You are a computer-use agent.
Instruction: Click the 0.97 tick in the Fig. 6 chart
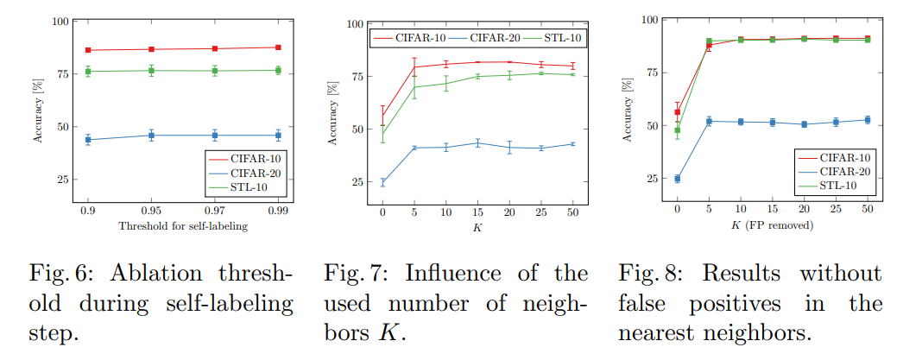(x=214, y=209)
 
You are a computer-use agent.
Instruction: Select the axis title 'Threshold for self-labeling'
(x=183, y=225)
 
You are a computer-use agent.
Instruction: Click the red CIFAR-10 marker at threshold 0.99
(x=278, y=47)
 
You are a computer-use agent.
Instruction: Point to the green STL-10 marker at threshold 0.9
(x=88, y=71)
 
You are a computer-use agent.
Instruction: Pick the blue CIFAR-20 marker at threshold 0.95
(x=151, y=135)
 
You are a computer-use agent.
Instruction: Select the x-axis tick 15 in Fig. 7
(x=477, y=212)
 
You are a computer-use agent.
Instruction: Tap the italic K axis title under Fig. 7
(x=477, y=227)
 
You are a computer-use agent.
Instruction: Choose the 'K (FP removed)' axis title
(x=772, y=225)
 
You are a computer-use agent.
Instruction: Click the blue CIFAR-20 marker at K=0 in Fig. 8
(x=678, y=179)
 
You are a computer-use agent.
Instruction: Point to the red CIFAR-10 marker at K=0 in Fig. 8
(x=678, y=112)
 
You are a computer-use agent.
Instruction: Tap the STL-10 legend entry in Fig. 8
(x=838, y=186)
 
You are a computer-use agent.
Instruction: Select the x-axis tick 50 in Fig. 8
(x=867, y=209)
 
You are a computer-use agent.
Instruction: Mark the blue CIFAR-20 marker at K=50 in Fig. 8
(x=867, y=120)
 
